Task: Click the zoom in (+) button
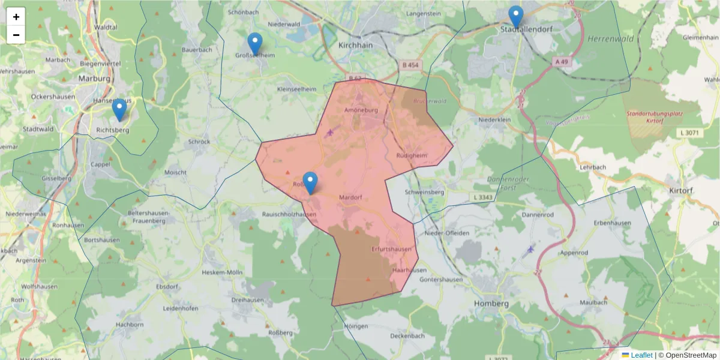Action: pos(16,17)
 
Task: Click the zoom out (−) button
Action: pos(16,35)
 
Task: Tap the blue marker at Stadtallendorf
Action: pos(515,16)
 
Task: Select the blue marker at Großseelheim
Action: pos(255,43)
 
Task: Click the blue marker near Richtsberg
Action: pos(119,109)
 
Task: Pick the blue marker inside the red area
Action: pos(310,182)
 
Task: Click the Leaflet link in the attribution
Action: pos(641,355)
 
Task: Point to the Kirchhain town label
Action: pos(356,45)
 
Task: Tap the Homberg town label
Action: pos(491,304)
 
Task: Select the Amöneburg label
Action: pos(363,110)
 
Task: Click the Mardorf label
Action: pos(351,197)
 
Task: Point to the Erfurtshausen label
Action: pos(391,249)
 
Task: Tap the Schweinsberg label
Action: pos(425,192)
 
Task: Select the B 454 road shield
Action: pos(411,65)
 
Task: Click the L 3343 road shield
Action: pos(482,197)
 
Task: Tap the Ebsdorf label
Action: pos(167,287)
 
